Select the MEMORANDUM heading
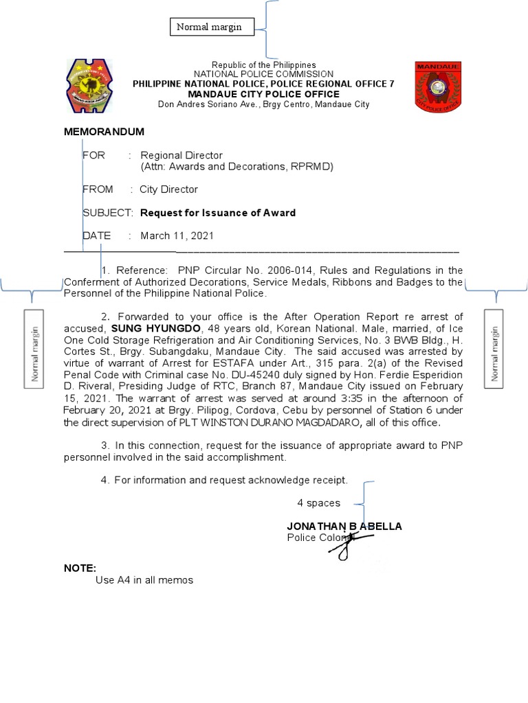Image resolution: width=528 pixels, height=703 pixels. click(x=104, y=132)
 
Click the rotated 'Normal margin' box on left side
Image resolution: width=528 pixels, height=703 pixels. click(x=34, y=347)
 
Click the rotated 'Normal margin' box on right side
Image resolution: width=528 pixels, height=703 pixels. click(x=494, y=347)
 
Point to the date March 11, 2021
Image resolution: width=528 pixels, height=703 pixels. click(x=177, y=235)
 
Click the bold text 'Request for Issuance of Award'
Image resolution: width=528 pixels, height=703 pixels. click(x=218, y=213)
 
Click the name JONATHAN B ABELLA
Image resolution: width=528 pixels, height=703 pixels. click(x=344, y=526)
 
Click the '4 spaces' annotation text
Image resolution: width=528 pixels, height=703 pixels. click(x=318, y=503)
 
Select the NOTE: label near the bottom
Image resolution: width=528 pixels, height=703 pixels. click(x=80, y=568)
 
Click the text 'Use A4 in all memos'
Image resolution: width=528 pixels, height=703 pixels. click(x=144, y=580)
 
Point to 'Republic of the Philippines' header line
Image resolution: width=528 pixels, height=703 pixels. click(x=263, y=65)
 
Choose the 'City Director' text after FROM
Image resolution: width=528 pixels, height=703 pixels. click(x=168, y=189)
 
